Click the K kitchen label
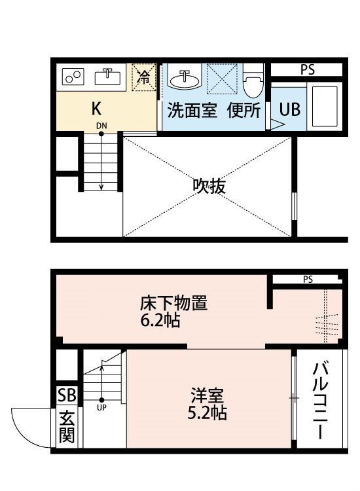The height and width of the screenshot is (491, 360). [x=96, y=109]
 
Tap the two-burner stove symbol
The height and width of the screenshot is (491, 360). [x=73, y=77]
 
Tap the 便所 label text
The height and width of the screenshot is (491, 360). [x=243, y=110]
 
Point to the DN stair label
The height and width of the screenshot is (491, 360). [x=101, y=126]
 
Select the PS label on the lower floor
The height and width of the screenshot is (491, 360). [x=308, y=280]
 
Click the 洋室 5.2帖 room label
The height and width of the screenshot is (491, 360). [x=209, y=404]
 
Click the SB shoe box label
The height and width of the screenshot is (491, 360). [x=66, y=395]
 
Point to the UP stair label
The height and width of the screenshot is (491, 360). [x=101, y=407]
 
